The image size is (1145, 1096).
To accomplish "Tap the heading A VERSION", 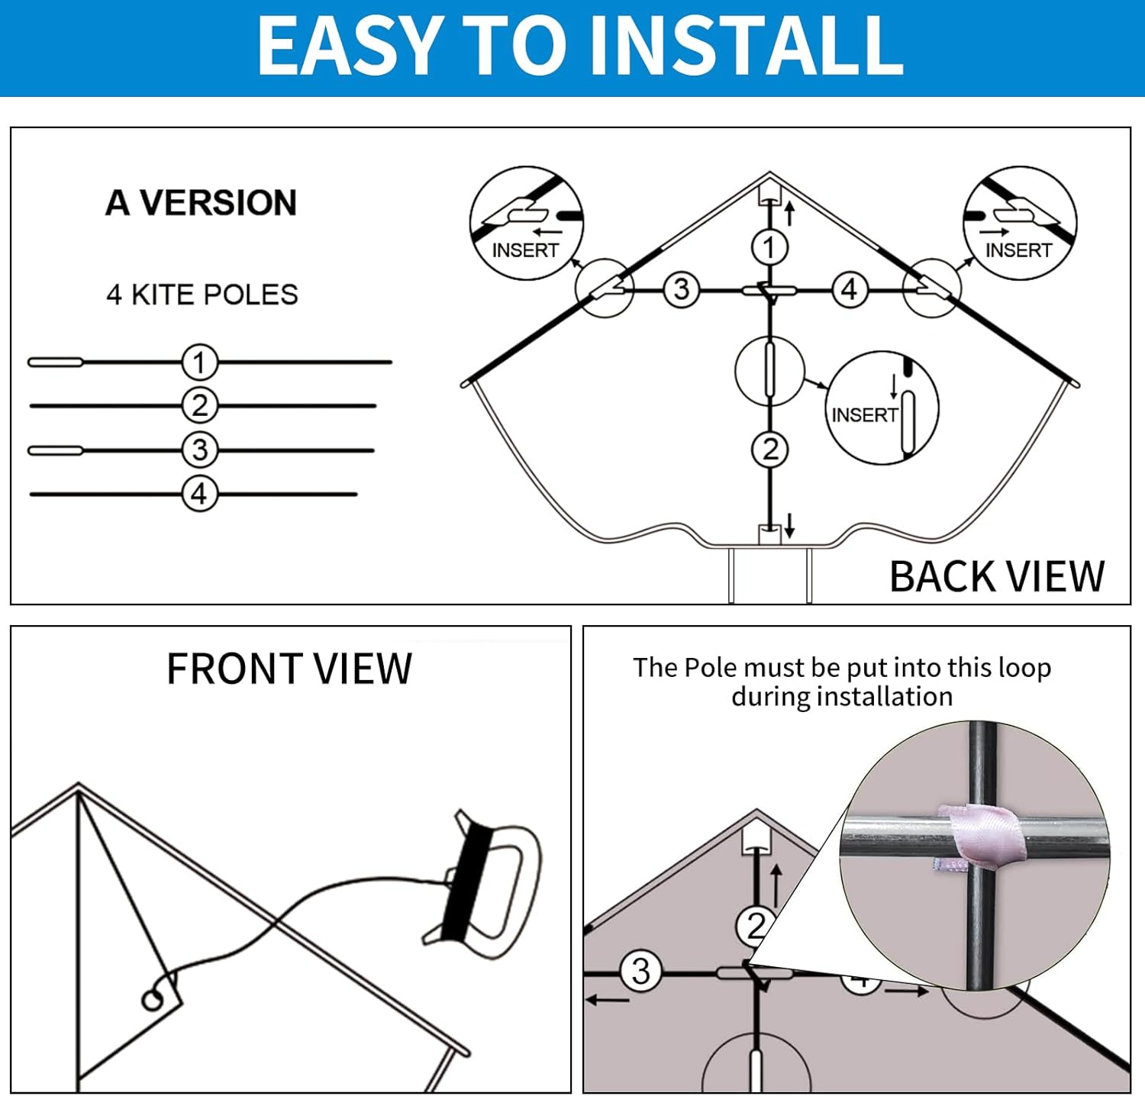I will [x=202, y=203].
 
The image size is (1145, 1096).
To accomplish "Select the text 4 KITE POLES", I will [x=202, y=295].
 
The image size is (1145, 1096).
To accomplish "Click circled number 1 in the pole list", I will [x=200, y=363].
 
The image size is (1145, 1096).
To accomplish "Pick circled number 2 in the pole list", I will [x=200, y=406].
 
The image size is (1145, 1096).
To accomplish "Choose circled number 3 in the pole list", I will [x=200, y=450].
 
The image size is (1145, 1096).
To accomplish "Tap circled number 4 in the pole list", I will [x=200, y=495].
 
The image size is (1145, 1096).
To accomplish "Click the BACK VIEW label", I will [x=997, y=576].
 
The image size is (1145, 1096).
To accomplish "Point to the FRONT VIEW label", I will [x=289, y=669].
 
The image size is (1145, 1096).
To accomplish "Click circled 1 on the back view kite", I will [x=769, y=247].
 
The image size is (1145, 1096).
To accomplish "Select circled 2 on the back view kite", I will [x=769, y=449].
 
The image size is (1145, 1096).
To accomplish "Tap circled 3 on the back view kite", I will [x=682, y=290].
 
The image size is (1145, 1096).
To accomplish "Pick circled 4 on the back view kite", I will [x=850, y=290].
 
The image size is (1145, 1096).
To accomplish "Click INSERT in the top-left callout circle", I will [x=525, y=250].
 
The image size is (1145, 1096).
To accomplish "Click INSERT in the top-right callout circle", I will [x=1018, y=250].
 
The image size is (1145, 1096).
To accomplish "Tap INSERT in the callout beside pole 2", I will [x=865, y=415].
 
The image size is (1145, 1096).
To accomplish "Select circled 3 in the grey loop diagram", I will [x=641, y=972].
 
